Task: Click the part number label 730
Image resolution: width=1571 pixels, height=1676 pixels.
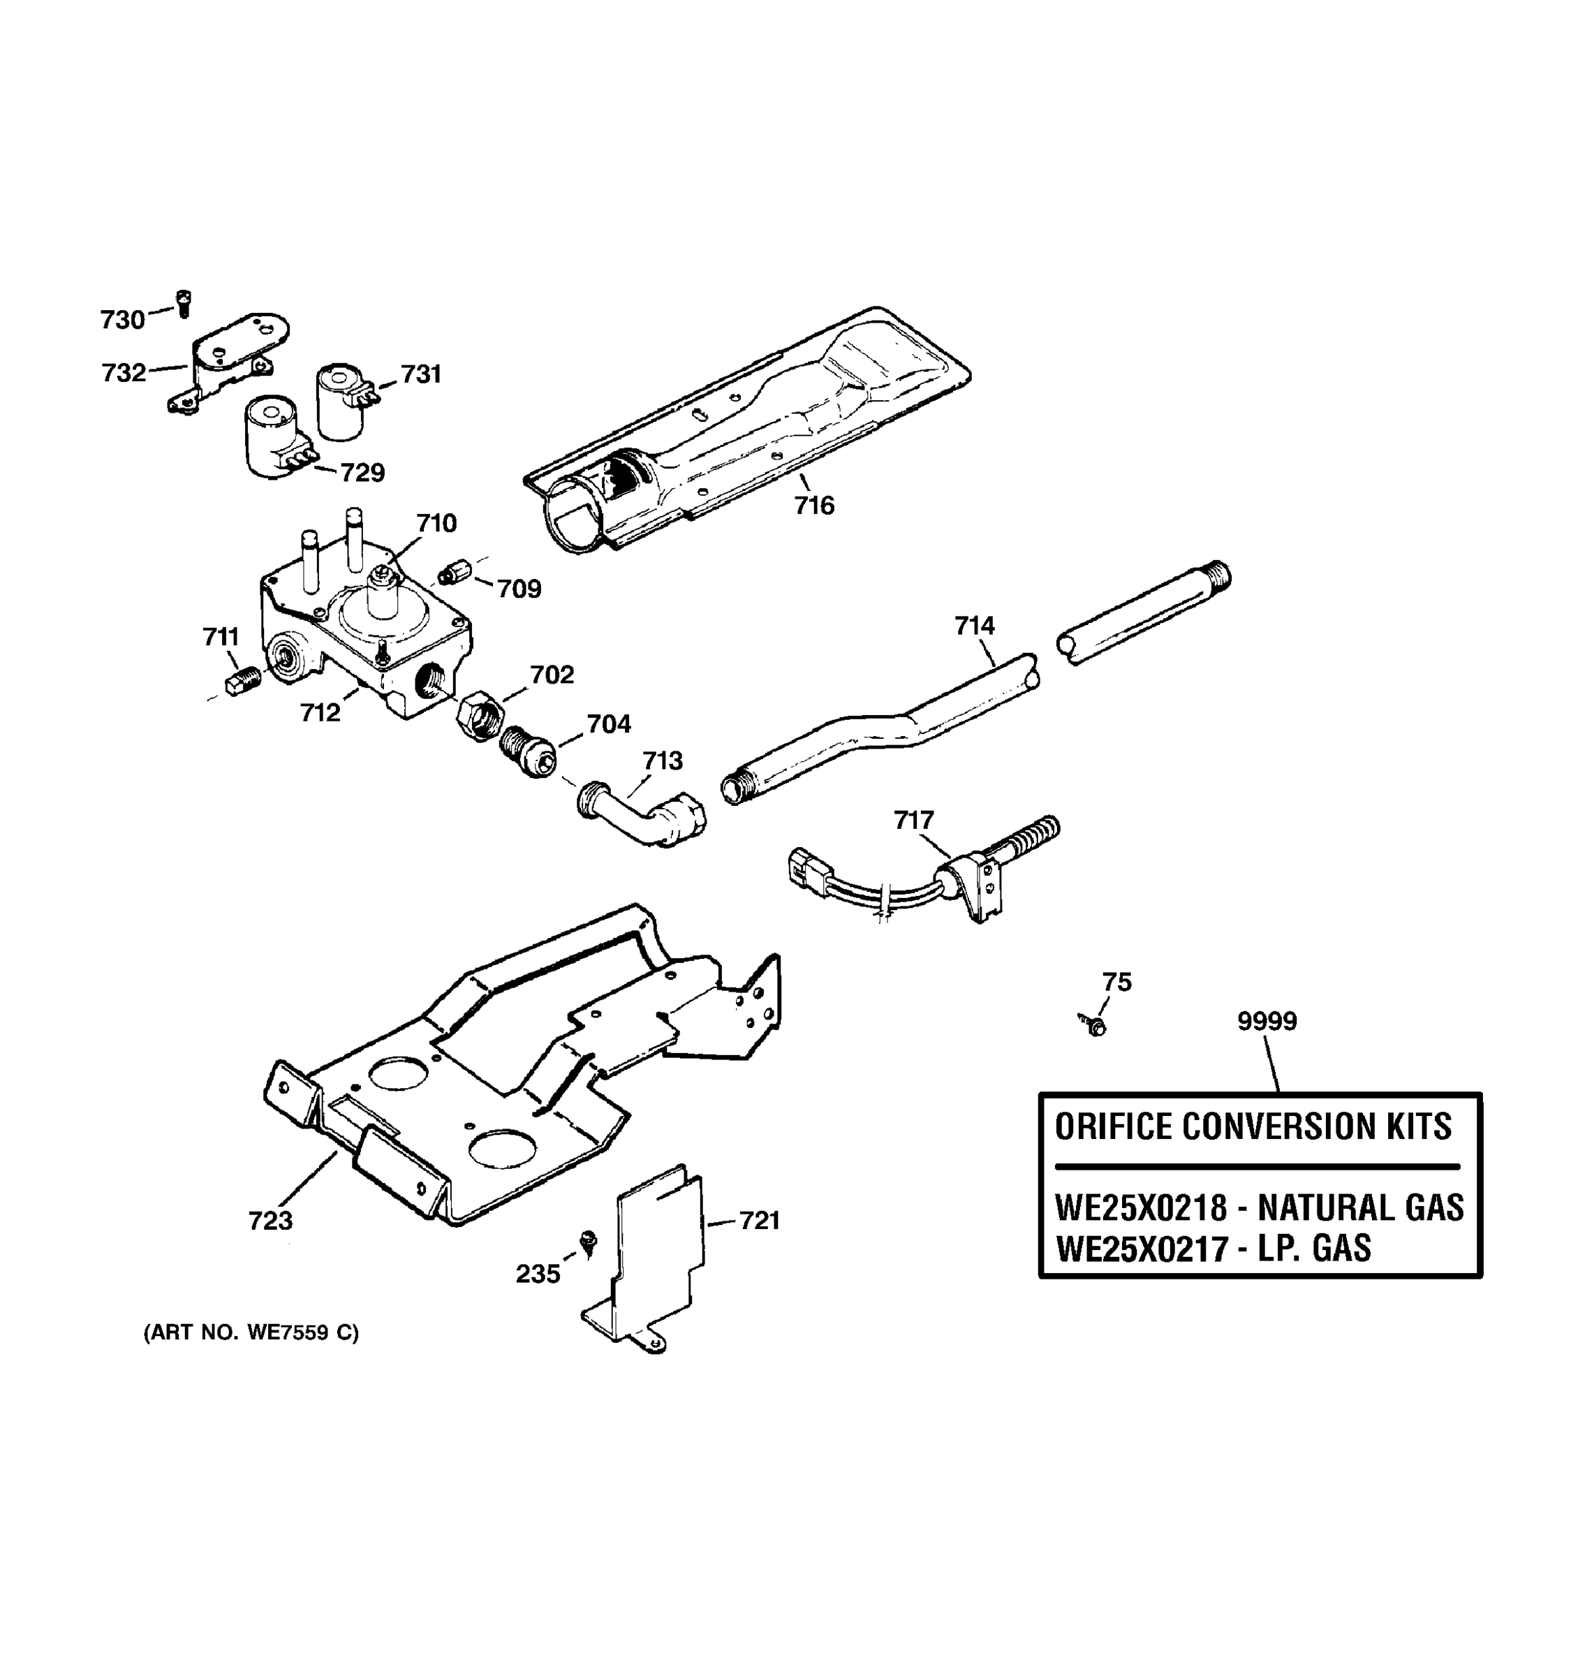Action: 122,320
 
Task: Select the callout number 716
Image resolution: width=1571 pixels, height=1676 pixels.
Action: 814,505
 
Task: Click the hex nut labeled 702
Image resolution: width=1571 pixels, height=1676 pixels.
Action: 480,716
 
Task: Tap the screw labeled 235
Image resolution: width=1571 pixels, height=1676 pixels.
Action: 589,1240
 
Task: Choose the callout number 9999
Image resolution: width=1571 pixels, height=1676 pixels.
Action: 1267,1021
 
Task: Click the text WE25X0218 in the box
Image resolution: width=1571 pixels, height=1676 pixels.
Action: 1141,1208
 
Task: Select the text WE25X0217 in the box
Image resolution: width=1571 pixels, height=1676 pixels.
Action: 1141,1249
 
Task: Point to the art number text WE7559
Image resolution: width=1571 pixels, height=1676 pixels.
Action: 286,1333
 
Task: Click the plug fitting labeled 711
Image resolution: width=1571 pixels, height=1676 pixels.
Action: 242,679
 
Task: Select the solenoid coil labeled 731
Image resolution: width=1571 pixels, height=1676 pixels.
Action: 341,402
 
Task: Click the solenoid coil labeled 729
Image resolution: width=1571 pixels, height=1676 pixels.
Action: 272,440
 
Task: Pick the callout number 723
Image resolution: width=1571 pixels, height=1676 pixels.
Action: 270,1220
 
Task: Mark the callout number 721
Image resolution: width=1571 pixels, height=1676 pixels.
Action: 760,1220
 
